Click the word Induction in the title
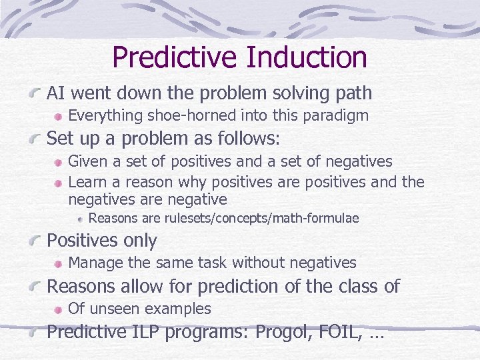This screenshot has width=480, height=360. (306, 57)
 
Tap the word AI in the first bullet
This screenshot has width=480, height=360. (55, 93)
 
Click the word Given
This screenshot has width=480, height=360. (87, 161)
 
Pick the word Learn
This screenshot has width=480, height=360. (87, 181)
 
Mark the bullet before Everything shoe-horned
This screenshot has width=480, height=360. (59, 117)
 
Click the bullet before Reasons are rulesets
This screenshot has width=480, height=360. (81, 219)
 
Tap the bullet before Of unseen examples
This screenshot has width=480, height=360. (59, 309)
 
